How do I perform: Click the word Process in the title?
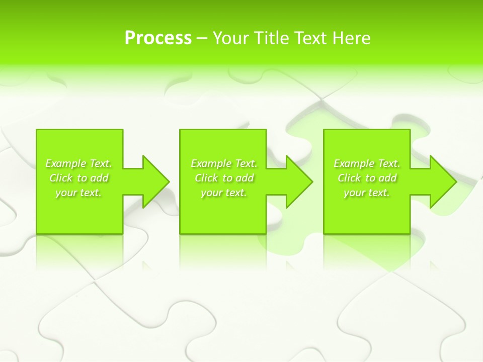158,38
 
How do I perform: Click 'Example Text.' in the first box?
79,163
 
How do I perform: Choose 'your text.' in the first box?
79,193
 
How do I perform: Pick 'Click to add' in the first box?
79,178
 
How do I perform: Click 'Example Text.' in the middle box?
224,163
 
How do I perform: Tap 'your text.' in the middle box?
224,193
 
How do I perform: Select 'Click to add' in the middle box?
224,178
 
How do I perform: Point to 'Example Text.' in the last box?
367,163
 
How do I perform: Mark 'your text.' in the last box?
367,193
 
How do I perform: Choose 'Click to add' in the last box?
367,178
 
